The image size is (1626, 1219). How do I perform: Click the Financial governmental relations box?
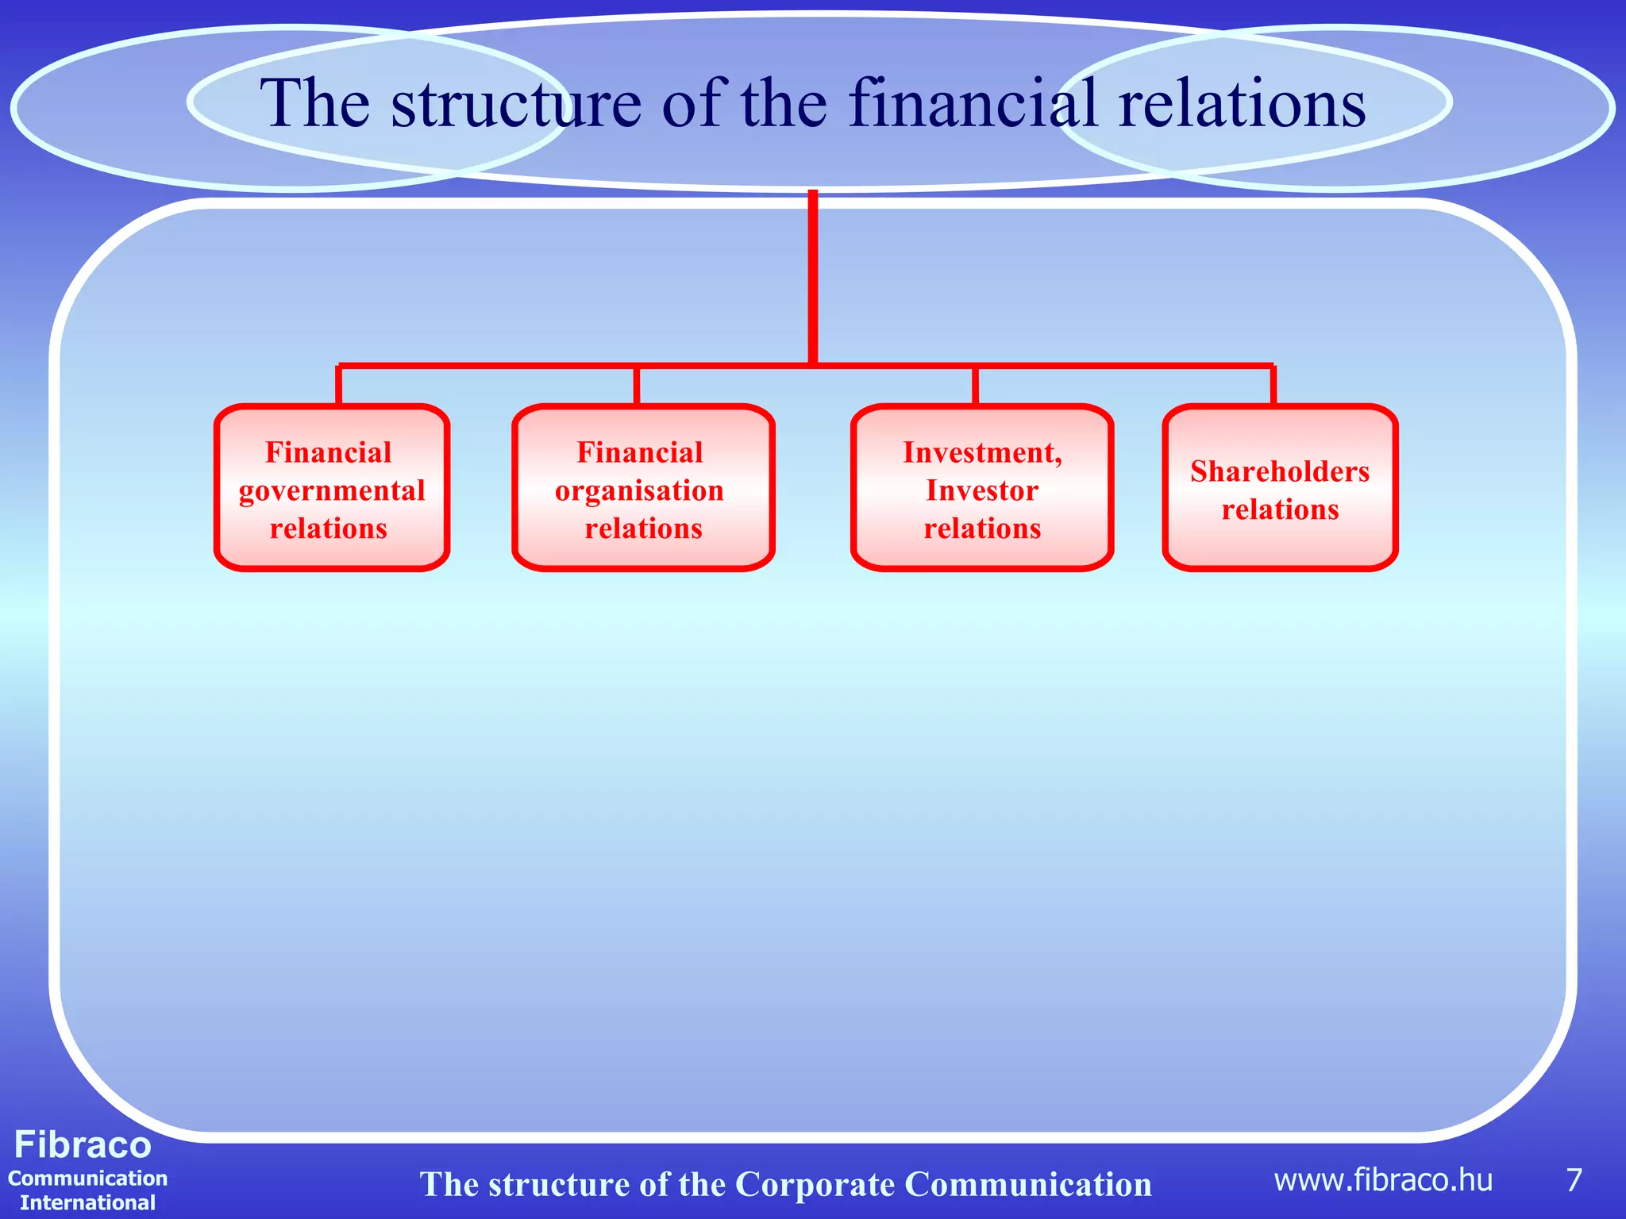(332, 488)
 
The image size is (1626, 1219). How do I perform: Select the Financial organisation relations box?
(642, 488)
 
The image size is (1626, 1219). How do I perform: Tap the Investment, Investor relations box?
(982, 488)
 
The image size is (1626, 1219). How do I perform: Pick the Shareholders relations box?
(1280, 488)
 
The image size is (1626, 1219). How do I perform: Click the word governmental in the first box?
(332, 490)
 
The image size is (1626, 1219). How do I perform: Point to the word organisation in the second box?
(639, 490)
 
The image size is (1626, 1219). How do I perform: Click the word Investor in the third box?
(982, 490)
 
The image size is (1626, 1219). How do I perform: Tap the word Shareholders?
(1280, 471)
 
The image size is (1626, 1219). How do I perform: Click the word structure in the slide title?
(516, 103)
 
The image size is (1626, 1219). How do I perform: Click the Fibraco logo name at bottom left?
(83, 1145)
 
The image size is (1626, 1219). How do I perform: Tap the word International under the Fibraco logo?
(87, 1202)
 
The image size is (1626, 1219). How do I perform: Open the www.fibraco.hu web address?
(1383, 1180)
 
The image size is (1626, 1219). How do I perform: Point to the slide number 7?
(1574, 1180)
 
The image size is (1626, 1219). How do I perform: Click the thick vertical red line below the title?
(813, 278)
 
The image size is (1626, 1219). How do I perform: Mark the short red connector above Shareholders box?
(1273, 386)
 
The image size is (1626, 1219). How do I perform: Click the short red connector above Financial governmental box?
(339, 386)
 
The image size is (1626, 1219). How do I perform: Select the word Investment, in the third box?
(982, 452)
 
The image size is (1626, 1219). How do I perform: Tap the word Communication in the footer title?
(1028, 1184)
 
